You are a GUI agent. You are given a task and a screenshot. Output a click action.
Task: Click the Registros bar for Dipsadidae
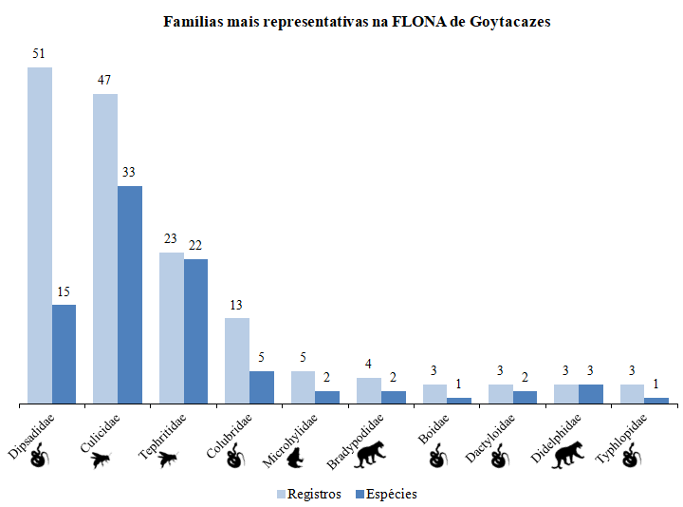click(x=40, y=235)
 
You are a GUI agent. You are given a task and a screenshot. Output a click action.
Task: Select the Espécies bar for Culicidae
click(x=130, y=294)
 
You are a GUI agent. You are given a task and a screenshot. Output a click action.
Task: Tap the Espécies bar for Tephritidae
click(x=196, y=331)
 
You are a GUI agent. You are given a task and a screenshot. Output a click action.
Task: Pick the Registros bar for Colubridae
click(x=237, y=361)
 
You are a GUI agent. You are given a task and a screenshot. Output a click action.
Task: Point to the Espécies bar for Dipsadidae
click(x=65, y=354)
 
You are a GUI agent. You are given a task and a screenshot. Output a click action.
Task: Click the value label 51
click(x=39, y=54)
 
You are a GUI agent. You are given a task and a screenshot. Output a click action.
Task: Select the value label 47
click(x=104, y=81)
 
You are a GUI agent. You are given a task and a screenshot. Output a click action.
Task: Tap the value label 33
click(x=129, y=173)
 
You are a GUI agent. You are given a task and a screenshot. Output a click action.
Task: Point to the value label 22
click(x=195, y=246)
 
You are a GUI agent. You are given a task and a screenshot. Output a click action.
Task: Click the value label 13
click(x=236, y=306)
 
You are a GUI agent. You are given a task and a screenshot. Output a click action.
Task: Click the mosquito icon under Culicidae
click(x=101, y=460)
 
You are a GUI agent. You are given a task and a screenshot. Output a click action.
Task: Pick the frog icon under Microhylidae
click(x=296, y=460)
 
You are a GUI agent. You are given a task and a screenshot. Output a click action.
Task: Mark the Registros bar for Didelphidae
click(x=566, y=394)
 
